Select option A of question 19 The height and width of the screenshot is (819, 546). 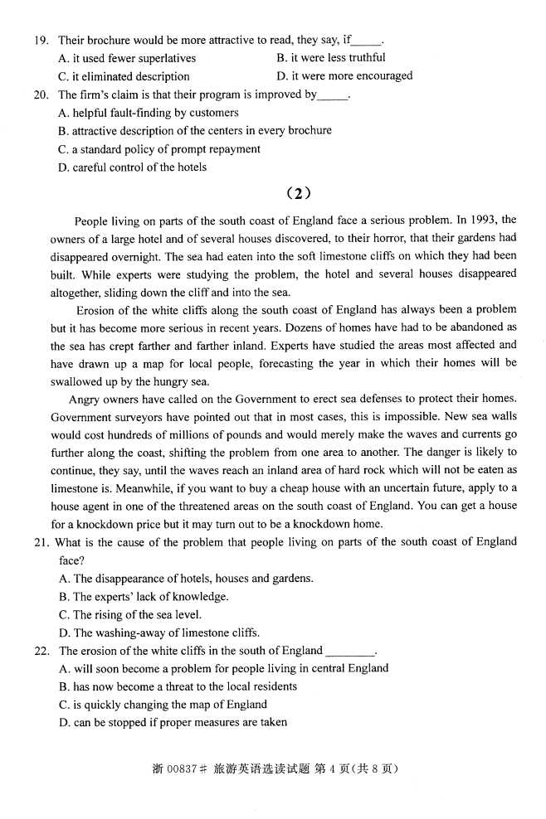coord(127,58)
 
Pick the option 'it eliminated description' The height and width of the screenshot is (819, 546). coord(124,76)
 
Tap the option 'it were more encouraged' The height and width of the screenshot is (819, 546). coord(344,76)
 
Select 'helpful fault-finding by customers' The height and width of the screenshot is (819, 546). coord(149,113)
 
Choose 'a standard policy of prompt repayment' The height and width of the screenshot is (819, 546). coord(159,149)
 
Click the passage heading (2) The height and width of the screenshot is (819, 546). coord(298,194)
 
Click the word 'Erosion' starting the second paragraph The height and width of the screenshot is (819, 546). coord(93,311)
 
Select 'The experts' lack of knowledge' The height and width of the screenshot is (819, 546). coord(144,597)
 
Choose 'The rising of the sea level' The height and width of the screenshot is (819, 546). coord(130,615)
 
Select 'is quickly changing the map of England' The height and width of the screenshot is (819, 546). coord(163,705)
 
